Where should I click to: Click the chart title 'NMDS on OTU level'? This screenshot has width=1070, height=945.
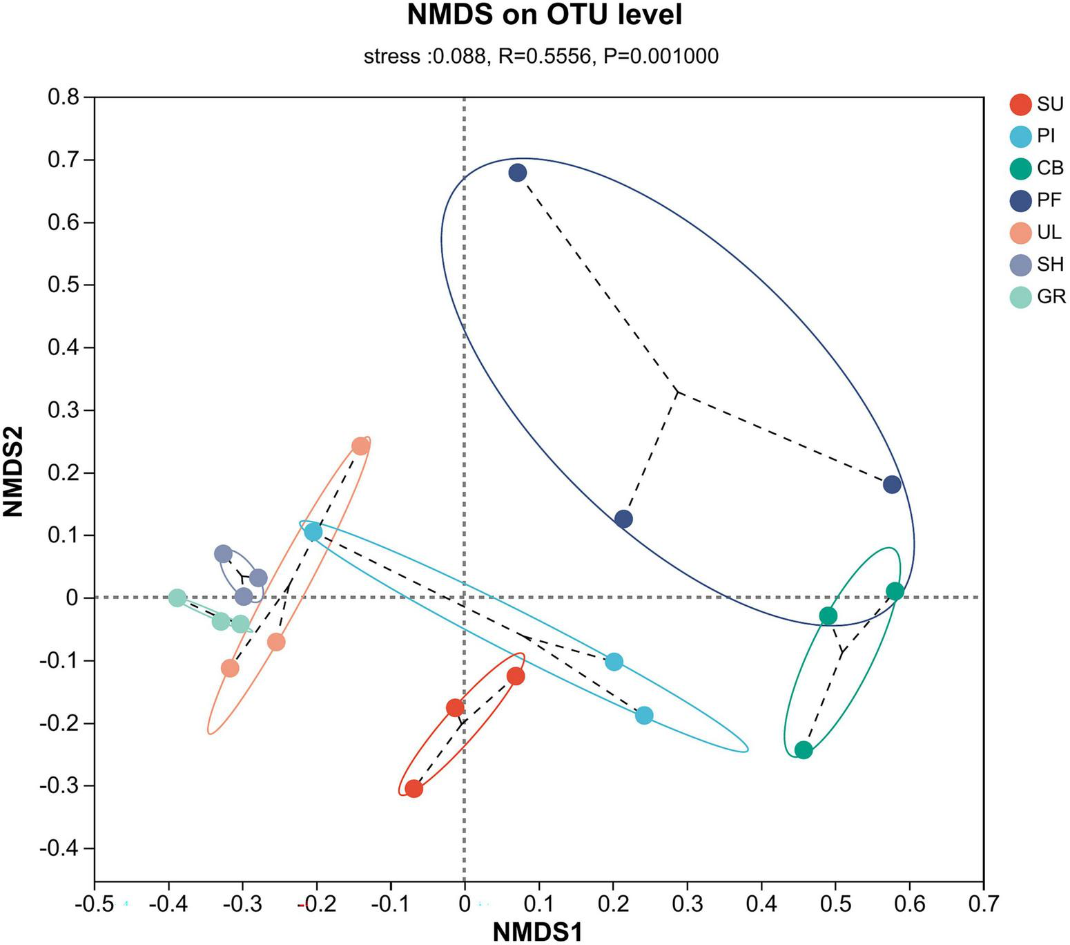click(544, 15)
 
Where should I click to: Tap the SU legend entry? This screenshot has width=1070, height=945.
click(1036, 104)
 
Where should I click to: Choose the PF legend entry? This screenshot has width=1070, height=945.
click(1036, 200)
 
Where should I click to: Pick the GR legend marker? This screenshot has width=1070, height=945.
click(1020, 297)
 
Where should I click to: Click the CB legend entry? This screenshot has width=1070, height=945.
click(1036, 169)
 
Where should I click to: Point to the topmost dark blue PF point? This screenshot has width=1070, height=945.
click(517, 173)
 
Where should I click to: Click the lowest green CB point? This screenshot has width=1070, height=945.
click(803, 750)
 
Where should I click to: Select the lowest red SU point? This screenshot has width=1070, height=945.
click(414, 789)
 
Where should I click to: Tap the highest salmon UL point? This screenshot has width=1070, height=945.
click(360, 446)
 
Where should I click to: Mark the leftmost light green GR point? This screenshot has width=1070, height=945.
click(177, 598)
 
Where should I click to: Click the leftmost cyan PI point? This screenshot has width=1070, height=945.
click(313, 532)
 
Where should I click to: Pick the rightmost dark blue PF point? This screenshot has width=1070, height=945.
click(892, 485)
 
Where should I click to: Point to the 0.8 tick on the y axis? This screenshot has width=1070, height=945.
click(63, 97)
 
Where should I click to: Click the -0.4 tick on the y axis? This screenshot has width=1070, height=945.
click(59, 848)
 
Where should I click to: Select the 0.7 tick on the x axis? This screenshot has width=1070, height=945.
click(983, 904)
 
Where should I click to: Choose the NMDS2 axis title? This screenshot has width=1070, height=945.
click(14, 471)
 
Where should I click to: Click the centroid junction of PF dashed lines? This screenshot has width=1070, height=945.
click(677, 392)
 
